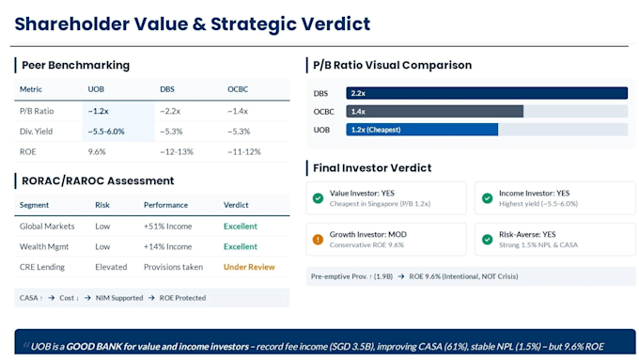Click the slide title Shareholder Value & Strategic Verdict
pos(193,24)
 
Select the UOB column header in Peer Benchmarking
pos(96,89)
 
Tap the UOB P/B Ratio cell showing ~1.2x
pos(99,111)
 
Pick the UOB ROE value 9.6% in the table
pos(97,151)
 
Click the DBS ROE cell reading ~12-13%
pos(177,151)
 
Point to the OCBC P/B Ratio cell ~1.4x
pos(238,111)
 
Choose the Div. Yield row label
pos(36,132)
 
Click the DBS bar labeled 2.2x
pos(487,93)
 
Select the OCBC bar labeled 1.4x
pos(435,111)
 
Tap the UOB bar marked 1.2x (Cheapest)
pos(422,130)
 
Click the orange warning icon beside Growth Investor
pos(318,240)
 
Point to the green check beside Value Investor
pos(318,198)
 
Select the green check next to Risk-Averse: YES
pos(487,240)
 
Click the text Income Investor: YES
pos(535,194)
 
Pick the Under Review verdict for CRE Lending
pos(249,267)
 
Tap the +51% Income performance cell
pos(167,227)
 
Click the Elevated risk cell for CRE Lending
pos(111,267)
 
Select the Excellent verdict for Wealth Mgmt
pos(240,246)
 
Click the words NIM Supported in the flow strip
pos(119,298)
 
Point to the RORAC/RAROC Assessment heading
pos(98,180)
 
